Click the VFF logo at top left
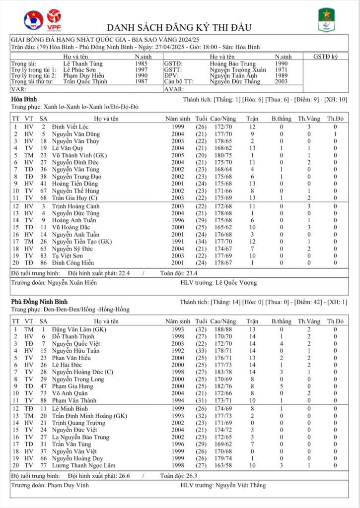coord(33,20)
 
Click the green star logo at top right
coord(326,20)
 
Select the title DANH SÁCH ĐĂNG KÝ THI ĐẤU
coord(179,27)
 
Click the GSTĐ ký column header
coord(325,57)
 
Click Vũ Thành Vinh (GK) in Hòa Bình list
coord(77,155)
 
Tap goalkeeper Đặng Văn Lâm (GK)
coord(79,329)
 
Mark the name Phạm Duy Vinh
coord(68,485)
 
